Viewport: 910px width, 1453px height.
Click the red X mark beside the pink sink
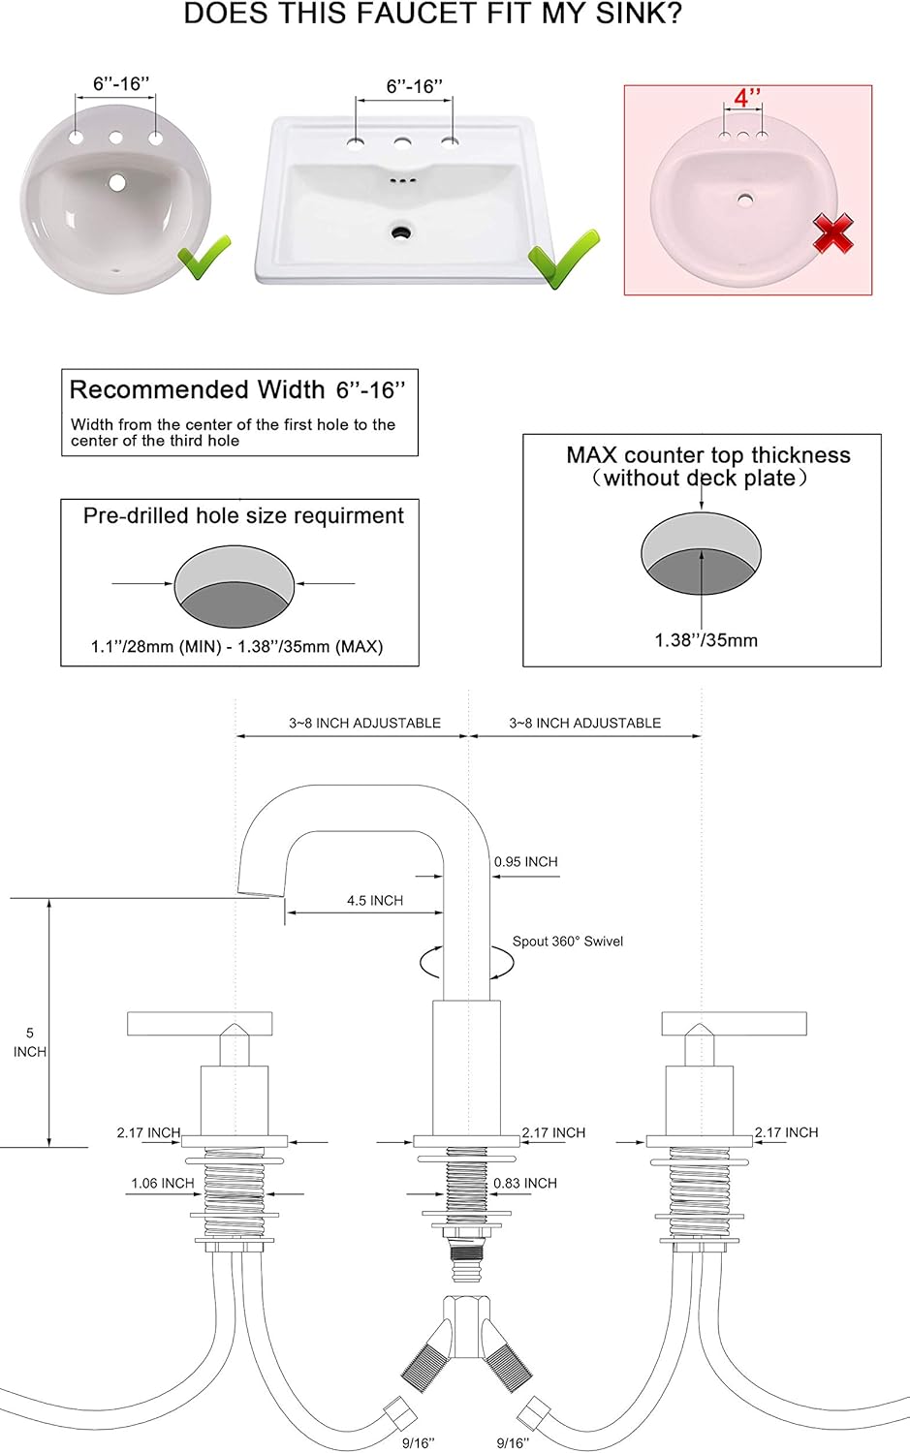[833, 233]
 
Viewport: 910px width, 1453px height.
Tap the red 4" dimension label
[746, 98]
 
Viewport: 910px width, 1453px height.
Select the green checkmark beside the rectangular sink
[563, 259]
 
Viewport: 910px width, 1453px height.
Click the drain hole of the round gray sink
[117, 182]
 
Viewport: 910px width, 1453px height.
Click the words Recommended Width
[197, 389]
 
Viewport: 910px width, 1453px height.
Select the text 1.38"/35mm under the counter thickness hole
[706, 640]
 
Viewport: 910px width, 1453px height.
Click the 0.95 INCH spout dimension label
[526, 861]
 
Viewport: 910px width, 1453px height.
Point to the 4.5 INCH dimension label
[374, 900]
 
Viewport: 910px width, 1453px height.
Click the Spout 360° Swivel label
[567, 942]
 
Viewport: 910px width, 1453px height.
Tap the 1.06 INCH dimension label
[162, 1183]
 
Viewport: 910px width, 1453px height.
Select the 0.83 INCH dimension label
[524, 1183]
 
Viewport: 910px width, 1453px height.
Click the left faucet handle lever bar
[200, 1024]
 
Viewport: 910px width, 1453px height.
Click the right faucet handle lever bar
[734, 1024]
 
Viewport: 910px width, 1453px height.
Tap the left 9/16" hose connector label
[418, 1443]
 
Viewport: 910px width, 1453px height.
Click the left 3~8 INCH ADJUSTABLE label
[364, 723]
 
